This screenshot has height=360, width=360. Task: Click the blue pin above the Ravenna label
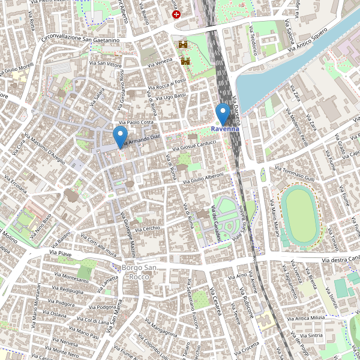[223, 113]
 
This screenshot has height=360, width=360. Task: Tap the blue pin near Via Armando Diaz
[121, 137]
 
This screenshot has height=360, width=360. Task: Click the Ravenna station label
[224, 128]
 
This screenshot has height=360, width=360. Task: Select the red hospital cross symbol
[176, 14]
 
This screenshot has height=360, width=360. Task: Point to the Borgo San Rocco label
[139, 271]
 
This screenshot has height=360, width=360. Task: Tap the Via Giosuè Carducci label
[194, 146]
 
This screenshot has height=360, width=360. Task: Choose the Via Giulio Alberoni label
[203, 178]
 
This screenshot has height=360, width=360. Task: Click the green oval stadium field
[300, 214]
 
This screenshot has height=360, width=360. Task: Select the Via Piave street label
[62, 254]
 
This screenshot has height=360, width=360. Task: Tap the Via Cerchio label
[148, 229]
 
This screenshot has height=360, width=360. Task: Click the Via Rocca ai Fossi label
[171, 84]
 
